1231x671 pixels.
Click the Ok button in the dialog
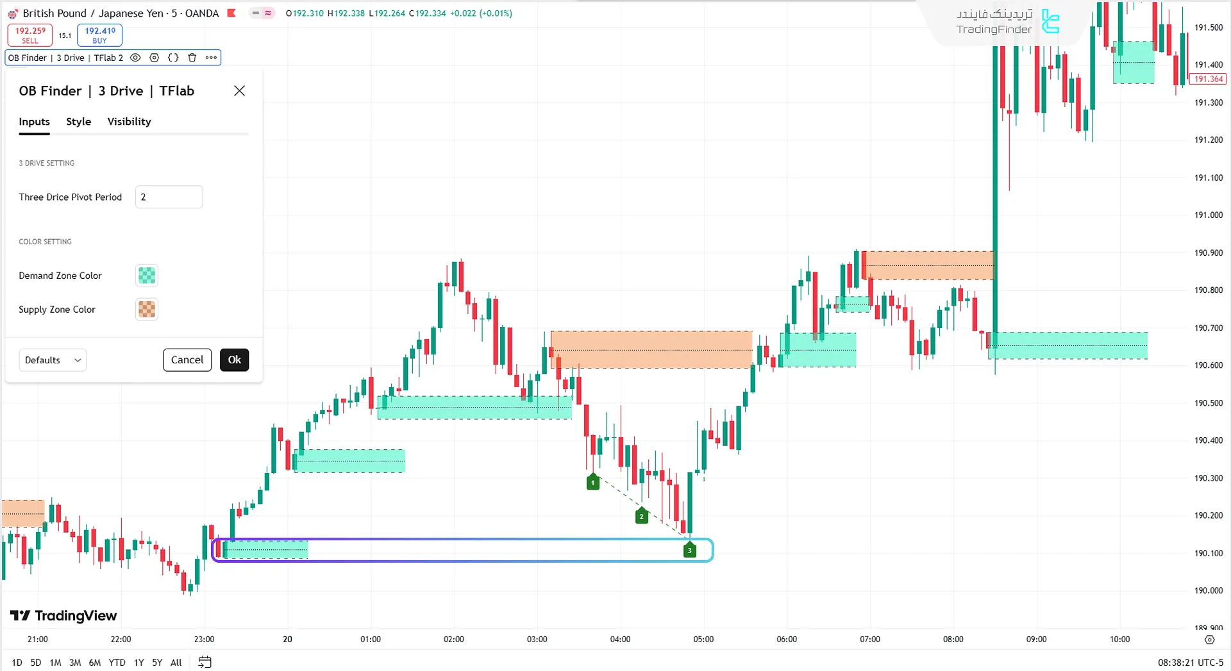(x=234, y=360)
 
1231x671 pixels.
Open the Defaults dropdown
(x=53, y=360)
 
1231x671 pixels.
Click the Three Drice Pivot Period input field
(x=169, y=197)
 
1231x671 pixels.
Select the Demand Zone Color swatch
(x=147, y=276)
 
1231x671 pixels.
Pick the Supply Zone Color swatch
(x=147, y=310)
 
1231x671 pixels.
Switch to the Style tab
(x=78, y=122)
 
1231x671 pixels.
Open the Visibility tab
(x=129, y=122)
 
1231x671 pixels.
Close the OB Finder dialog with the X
(x=239, y=91)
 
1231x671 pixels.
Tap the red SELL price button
(x=30, y=35)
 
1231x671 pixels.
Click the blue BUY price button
(x=99, y=35)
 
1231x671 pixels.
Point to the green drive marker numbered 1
(x=593, y=482)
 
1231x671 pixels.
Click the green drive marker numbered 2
(x=641, y=516)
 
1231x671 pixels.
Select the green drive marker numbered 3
(x=690, y=550)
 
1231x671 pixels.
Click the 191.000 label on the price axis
(x=1208, y=215)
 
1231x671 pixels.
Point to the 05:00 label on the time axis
(x=703, y=639)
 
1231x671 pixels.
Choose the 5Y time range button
(x=157, y=663)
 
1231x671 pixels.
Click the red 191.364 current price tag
(x=1208, y=79)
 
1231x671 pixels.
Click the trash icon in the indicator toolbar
(x=192, y=58)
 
